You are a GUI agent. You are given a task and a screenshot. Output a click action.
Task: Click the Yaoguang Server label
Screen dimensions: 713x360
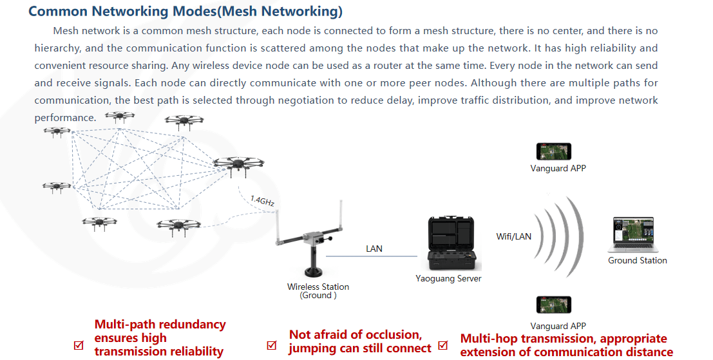click(x=448, y=279)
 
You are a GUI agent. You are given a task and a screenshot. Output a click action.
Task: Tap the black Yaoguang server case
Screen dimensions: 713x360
click(x=453, y=243)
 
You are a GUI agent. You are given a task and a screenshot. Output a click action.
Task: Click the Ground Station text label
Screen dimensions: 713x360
click(x=638, y=260)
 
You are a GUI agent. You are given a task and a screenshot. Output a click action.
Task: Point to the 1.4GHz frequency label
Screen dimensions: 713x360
click(x=262, y=201)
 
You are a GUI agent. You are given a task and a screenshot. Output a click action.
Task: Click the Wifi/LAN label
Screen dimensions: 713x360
click(x=514, y=236)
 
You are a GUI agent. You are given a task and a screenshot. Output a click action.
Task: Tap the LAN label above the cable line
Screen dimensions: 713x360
click(x=374, y=249)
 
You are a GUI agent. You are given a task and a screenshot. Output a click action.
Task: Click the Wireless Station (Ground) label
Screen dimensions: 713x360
click(x=318, y=291)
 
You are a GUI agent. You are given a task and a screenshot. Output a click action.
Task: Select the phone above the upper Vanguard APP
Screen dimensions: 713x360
click(x=553, y=151)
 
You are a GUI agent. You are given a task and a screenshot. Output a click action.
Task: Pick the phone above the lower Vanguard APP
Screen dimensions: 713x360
click(x=553, y=305)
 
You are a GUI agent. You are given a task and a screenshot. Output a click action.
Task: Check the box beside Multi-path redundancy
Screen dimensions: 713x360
click(x=79, y=345)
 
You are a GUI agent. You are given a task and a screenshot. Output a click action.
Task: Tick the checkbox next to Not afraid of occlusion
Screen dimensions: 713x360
click(x=271, y=345)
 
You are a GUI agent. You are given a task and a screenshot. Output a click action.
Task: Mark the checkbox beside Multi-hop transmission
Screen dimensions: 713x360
click(x=443, y=345)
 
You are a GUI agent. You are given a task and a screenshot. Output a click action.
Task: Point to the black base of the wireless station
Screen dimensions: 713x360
click(x=314, y=272)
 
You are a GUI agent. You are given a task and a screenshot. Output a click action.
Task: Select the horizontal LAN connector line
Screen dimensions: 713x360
click(x=372, y=256)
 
